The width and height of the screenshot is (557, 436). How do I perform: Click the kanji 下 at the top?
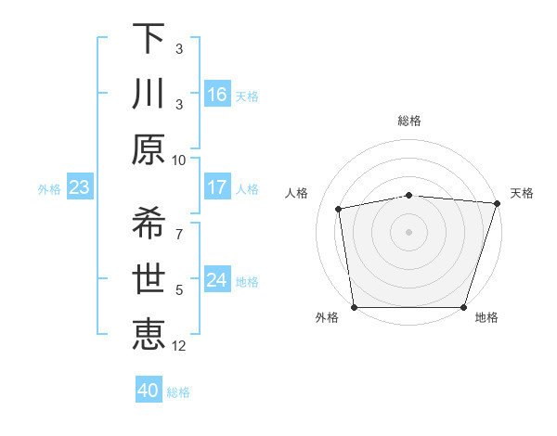(149, 39)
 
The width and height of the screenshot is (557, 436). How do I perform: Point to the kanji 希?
(149, 224)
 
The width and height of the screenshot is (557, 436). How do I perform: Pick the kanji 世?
(149, 278)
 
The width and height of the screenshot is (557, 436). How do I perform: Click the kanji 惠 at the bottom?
(149, 334)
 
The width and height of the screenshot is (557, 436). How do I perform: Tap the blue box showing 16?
(217, 94)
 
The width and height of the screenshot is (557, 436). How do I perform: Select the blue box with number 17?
(217, 187)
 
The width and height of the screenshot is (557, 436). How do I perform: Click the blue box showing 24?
(217, 280)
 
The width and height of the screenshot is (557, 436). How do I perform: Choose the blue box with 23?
(79, 187)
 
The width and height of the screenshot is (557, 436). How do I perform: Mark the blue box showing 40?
(149, 391)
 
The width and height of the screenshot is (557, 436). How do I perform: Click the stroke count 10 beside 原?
(179, 160)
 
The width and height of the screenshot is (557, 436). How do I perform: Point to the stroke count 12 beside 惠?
(179, 346)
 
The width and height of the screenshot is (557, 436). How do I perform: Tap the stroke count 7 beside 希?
(179, 224)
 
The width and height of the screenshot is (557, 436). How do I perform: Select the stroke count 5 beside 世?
(179, 290)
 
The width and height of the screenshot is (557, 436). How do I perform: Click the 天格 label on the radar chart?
(522, 193)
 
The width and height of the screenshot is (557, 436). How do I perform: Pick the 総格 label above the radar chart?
(408, 121)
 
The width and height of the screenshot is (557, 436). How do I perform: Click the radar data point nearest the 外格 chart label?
(354, 307)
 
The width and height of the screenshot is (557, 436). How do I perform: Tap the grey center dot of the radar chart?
(408, 231)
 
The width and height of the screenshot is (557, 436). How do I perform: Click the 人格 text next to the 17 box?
(247, 188)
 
